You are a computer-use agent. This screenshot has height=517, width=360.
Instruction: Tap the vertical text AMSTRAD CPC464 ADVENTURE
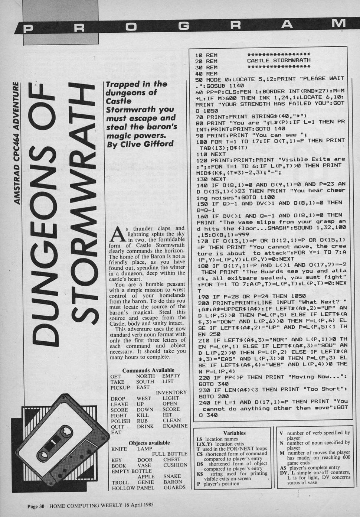(16, 143)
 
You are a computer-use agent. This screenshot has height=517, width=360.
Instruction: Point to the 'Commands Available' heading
(148, 370)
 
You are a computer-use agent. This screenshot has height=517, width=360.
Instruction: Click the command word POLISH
(120, 421)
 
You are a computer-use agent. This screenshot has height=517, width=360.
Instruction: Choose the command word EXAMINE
(175, 426)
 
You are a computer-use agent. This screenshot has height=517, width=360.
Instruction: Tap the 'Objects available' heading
(149, 443)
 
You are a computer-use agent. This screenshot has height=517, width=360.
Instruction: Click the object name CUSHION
(175, 465)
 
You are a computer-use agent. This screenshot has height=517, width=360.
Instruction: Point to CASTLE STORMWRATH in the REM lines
(278, 61)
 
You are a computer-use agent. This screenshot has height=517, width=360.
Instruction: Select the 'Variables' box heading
(234, 433)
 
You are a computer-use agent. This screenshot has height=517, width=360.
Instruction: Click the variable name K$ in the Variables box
(199, 474)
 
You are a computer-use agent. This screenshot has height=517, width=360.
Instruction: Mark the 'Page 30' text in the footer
(36, 505)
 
